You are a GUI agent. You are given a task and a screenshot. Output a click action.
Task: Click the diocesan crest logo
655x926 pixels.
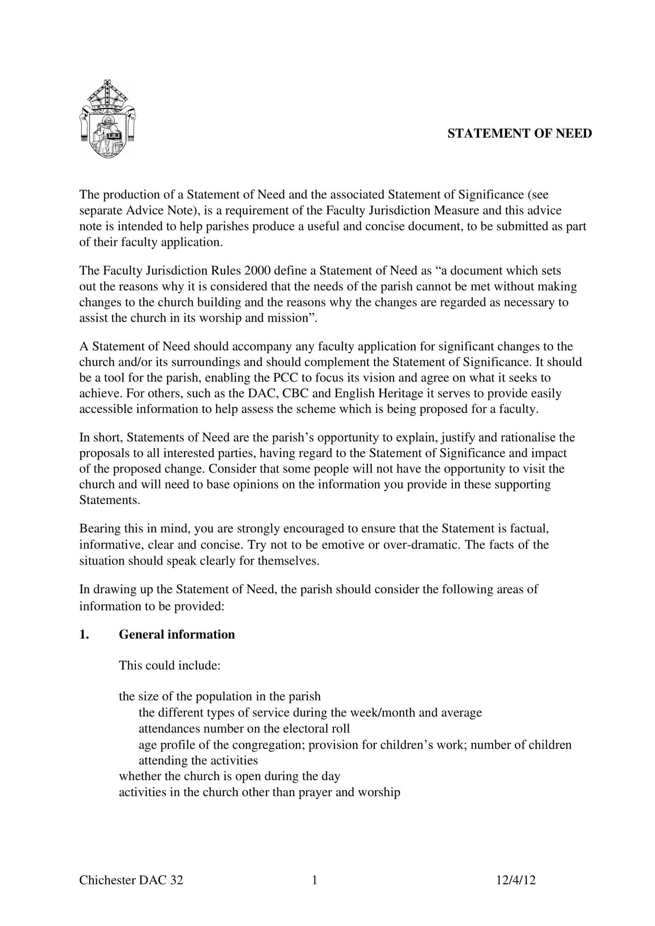(x=107, y=119)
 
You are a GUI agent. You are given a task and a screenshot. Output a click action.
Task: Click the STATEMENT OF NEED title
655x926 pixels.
(x=519, y=133)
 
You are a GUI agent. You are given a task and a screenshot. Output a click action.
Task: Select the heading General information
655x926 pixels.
(x=177, y=634)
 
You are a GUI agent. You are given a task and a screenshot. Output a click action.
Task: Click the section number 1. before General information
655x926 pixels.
(x=84, y=634)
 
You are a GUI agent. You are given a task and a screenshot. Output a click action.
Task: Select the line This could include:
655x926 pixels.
(x=170, y=666)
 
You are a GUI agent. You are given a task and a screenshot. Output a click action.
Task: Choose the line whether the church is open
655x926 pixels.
(x=229, y=776)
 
